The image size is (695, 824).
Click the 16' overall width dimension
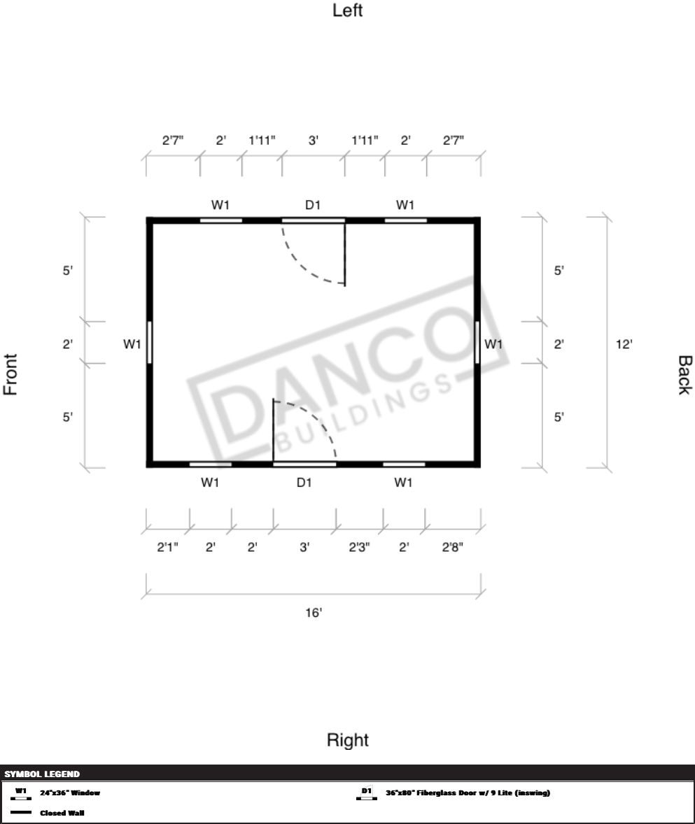tap(314, 613)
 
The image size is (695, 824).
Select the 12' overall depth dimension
tap(624, 344)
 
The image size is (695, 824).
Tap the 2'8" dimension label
tap(452, 547)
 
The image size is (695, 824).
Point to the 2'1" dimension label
tap(168, 547)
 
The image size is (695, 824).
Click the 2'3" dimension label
tap(359, 547)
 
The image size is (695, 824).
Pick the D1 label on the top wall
tap(313, 205)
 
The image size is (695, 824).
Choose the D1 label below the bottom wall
tap(304, 483)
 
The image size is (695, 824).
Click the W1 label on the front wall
tap(132, 344)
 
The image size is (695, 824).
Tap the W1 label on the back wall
tap(493, 344)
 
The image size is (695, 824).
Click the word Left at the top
tap(347, 10)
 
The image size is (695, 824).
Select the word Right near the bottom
tap(347, 740)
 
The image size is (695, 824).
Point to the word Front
tap(10, 374)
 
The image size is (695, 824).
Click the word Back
tap(685, 375)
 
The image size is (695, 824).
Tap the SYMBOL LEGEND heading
tap(42, 774)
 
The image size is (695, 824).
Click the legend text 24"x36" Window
tap(70, 793)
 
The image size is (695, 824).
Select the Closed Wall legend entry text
tap(62, 813)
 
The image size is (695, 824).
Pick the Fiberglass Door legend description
tap(468, 793)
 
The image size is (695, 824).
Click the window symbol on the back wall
tap(477, 342)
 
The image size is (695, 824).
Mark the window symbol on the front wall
tap(150, 342)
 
